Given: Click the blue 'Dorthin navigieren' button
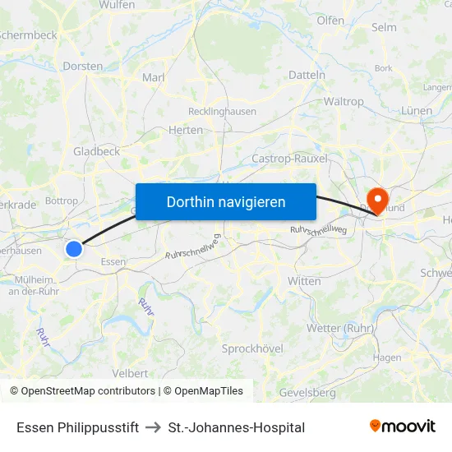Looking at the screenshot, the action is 225,201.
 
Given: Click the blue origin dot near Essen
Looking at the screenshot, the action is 74,248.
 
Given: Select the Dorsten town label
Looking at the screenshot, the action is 83,66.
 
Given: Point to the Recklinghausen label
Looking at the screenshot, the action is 222,111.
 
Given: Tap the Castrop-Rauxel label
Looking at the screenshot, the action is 289,158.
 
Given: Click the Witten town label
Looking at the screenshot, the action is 304,281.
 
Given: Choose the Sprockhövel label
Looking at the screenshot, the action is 252,348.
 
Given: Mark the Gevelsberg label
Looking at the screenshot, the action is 307,393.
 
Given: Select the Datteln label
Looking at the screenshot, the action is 307,75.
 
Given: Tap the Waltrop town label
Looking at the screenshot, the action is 344,102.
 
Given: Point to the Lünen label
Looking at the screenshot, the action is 417,110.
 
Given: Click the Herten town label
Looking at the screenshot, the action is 185,130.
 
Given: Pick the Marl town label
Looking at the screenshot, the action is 154,77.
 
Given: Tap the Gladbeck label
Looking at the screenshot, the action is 96,151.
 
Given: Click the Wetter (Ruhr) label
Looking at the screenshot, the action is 339,329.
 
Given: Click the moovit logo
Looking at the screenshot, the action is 402,426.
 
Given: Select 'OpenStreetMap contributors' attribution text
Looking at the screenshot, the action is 82,391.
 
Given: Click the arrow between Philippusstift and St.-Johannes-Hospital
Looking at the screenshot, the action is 153,427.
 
